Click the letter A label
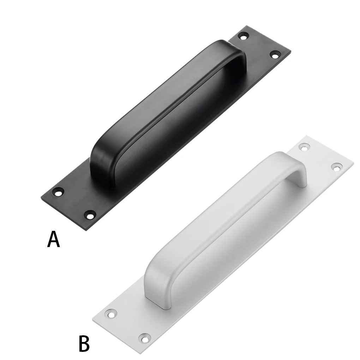click(54, 240)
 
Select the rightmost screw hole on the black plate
click(275, 54)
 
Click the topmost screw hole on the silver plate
click(303, 147)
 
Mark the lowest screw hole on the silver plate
click(144, 338)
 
